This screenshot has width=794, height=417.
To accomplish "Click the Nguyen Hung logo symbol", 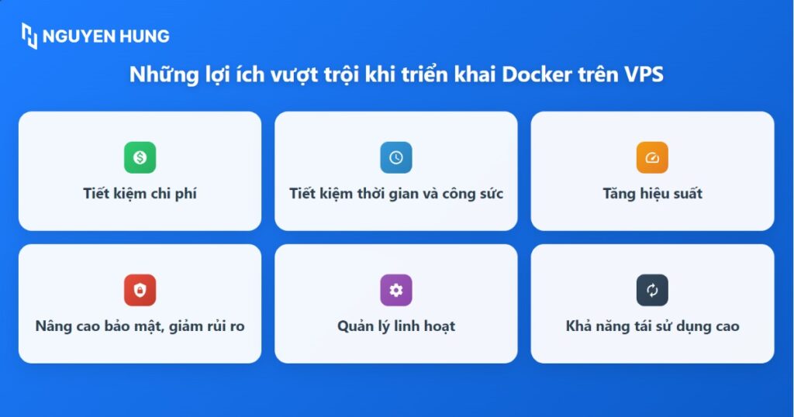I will click(29, 36).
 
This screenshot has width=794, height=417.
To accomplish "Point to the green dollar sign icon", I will click(140, 157).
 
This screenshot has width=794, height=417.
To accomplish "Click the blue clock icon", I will click(396, 157).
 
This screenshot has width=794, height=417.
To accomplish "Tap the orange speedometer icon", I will click(652, 157).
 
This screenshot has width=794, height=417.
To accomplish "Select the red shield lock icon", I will click(140, 290).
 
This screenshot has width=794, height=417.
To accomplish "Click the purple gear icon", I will click(396, 290).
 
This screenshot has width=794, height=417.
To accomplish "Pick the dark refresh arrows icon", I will click(652, 290).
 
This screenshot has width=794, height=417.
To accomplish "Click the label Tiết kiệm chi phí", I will click(140, 194).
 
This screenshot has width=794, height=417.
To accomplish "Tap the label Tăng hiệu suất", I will click(652, 194).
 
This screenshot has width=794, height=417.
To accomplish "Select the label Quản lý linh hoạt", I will click(396, 326).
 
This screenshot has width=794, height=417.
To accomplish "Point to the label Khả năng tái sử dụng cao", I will click(652, 326).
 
